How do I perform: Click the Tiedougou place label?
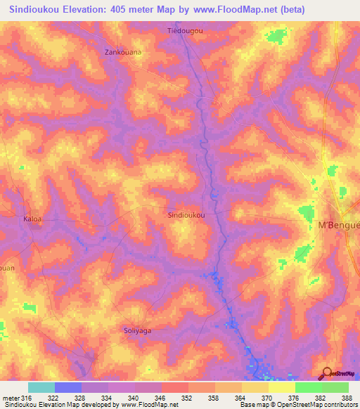point(186,31)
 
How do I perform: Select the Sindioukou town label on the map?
point(187,216)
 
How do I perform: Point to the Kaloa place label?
point(33,219)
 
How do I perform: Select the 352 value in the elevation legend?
point(188,398)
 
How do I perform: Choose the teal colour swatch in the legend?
point(41,387)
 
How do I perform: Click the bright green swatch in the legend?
point(309,387)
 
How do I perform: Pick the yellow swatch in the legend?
point(282,387)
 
